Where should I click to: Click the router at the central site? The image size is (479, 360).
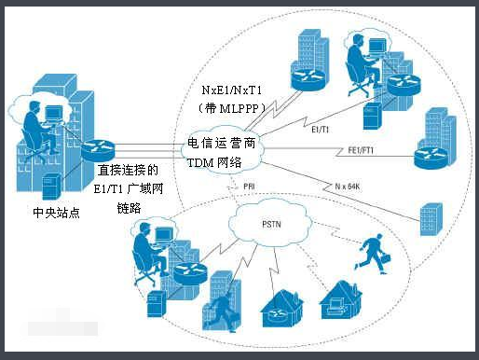[x=95, y=149]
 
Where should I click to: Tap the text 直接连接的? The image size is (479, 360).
[x=128, y=172]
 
